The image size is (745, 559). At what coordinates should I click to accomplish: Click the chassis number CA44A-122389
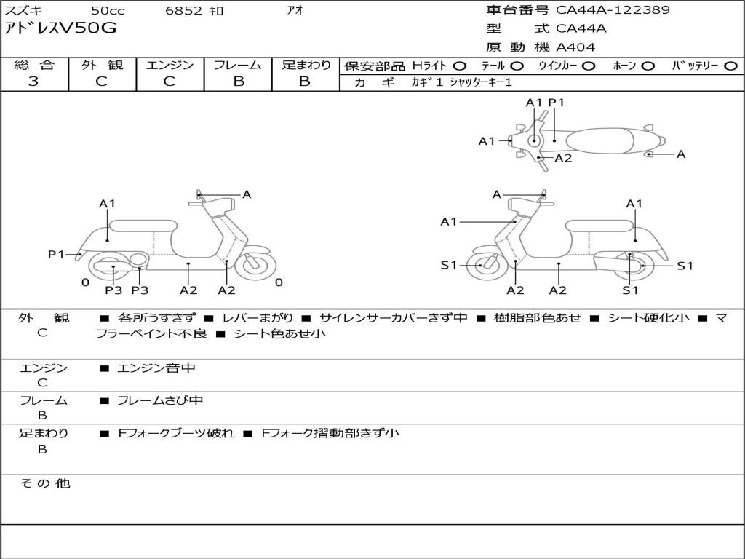613,10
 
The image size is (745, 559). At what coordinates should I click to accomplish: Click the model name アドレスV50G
60,29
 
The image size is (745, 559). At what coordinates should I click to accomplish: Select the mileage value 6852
185,10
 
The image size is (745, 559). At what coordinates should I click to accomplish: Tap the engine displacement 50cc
108,10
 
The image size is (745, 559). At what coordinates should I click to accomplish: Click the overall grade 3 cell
33,82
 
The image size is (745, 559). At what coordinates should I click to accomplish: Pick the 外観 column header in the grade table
102,66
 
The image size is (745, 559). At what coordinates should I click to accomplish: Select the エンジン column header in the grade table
170,66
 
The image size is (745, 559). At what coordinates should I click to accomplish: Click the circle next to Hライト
460,66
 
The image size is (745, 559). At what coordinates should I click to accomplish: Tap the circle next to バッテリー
730,66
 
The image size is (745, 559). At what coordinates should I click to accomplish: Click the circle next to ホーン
648,66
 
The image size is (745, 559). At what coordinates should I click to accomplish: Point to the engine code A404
575,47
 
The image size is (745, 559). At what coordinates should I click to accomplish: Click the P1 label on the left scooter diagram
56,254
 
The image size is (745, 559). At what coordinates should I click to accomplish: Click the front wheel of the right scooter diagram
481,266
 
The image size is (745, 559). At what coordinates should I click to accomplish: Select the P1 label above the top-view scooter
557,103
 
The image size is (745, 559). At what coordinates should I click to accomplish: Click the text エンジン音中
156,368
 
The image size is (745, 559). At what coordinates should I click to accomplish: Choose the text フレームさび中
160,400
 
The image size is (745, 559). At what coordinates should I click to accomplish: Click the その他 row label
45,483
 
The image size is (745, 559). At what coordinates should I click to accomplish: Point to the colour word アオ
295,10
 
